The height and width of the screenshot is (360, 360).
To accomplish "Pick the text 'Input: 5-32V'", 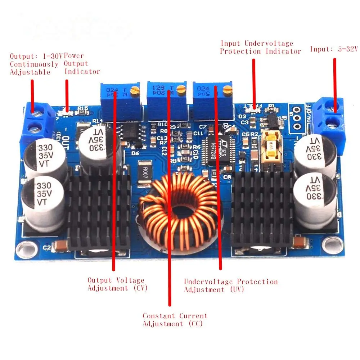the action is point(334,49).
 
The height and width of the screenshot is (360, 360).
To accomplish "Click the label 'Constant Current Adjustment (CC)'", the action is point(175,320).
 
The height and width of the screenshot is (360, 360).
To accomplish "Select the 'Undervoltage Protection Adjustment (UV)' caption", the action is point(231,285).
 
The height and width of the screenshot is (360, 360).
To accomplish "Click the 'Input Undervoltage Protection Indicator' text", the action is point(260,48).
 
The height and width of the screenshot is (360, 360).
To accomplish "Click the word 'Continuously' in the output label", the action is point(34,64).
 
